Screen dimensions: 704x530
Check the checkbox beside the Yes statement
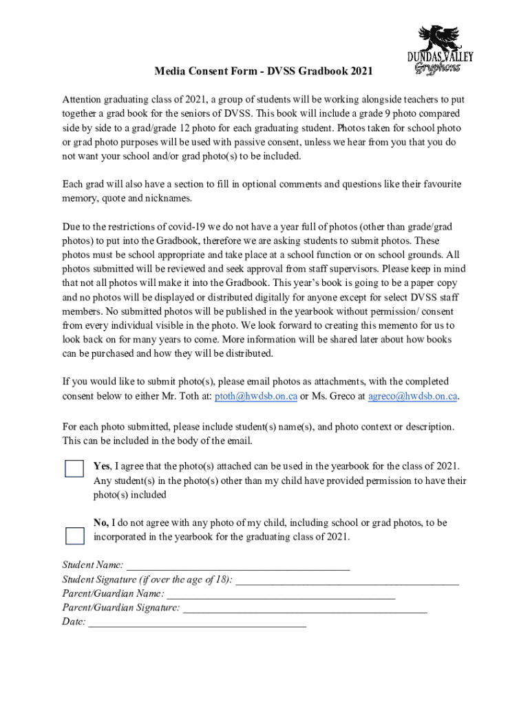(x=74, y=468)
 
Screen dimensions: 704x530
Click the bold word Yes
(x=101, y=467)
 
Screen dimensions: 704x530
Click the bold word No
(x=100, y=523)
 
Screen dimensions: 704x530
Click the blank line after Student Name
(x=238, y=566)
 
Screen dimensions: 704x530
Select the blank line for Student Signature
(x=347, y=580)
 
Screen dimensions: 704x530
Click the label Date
(x=73, y=621)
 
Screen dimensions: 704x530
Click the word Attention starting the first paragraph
(x=84, y=100)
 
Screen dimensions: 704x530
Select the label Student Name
(x=92, y=565)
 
